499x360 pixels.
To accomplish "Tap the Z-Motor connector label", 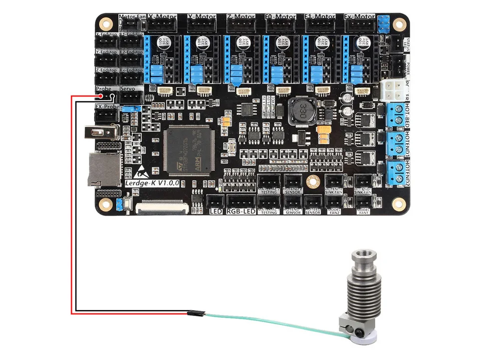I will coord(241,16).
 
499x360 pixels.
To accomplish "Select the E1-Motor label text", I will coord(319,16).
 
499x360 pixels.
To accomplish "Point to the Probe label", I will coord(104,88).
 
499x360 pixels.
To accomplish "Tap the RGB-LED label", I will coord(241,211).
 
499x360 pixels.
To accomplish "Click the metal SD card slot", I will coord(104,169).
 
